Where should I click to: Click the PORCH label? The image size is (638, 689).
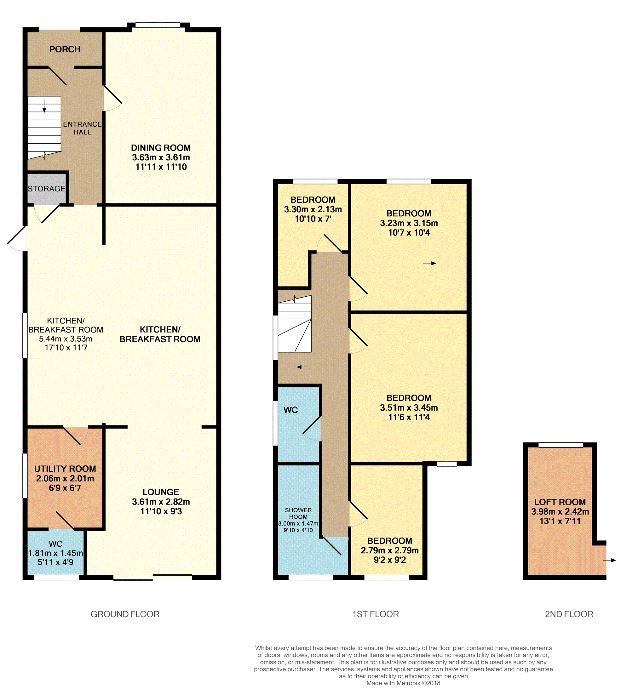pyautogui.click(x=65, y=49)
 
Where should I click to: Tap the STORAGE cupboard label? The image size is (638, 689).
pyautogui.click(x=47, y=189)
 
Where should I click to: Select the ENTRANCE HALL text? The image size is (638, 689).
pyautogui.click(x=82, y=128)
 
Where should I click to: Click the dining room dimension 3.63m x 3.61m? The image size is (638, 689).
pyautogui.click(x=161, y=157)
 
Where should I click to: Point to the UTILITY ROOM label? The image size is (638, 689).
pyautogui.click(x=65, y=469)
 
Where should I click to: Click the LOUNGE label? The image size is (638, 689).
pyautogui.click(x=161, y=492)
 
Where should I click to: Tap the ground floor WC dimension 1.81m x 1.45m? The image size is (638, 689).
pyautogui.click(x=55, y=553)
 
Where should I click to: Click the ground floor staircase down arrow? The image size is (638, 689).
pyautogui.click(x=44, y=106)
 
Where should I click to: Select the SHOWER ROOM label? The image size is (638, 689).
pyautogui.click(x=298, y=513)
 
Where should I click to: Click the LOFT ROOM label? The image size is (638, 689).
pyautogui.click(x=560, y=502)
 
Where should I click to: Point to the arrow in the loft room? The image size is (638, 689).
pyautogui.click(x=609, y=560)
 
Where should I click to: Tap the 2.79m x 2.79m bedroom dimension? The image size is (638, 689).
pyautogui.click(x=390, y=550)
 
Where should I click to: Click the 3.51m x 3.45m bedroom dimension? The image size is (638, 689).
pyautogui.click(x=409, y=407)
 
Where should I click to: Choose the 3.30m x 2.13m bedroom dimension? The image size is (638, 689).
pyautogui.click(x=313, y=209)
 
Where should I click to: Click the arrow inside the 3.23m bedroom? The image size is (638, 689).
pyautogui.click(x=430, y=263)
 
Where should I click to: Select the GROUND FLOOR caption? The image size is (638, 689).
pyautogui.click(x=125, y=614)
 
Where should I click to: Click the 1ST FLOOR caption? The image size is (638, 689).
pyautogui.click(x=376, y=614)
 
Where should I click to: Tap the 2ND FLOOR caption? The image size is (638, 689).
pyautogui.click(x=569, y=614)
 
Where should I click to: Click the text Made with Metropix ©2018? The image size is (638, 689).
pyautogui.click(x=403, y=683)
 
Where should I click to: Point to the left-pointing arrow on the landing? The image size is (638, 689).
pyautogui.click(x=303, y=367)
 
